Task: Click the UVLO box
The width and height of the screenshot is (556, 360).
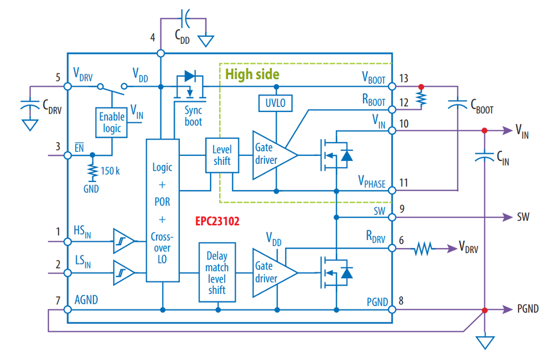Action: coord(275,103)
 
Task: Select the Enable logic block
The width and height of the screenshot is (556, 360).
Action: coord(112,123)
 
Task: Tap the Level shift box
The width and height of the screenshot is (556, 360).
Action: coord(222,155)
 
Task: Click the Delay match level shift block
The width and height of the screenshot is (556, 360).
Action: coord(217,272)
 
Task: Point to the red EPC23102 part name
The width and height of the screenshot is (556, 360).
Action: coord(217,221)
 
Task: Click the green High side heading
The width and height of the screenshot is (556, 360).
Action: coord(252,75)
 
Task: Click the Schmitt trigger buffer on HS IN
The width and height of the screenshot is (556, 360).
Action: coord(123,241)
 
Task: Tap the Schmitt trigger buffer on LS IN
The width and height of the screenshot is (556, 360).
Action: coord(123,273)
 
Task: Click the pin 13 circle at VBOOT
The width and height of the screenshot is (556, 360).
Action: coord(392,86)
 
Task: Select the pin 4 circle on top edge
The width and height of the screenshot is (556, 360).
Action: coord(160,53)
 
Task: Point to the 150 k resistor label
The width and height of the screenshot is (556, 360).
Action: coord(110,171)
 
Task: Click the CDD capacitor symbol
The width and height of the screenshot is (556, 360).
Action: coord(185,18)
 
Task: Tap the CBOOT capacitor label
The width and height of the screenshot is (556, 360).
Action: coord(482,106)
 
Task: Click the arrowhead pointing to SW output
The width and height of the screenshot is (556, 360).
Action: coord(508,217)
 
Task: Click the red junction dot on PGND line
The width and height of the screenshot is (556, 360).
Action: coord(485,311)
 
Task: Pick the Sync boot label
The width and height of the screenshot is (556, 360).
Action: coord(193,116)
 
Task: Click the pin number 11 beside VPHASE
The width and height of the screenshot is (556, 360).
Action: coord(403,183)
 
